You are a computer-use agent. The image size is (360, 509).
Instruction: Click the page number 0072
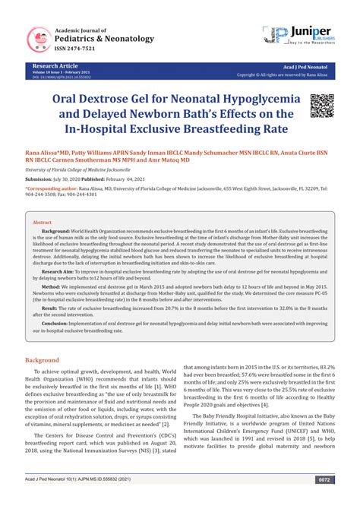[x=324, y=501]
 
